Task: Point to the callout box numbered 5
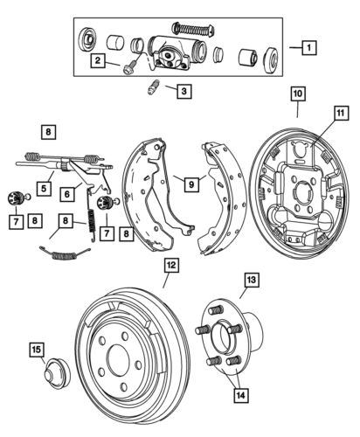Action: pyautogui.click(x=44, y=185)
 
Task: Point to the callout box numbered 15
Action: pyautogui.click(x=36, y=350)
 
